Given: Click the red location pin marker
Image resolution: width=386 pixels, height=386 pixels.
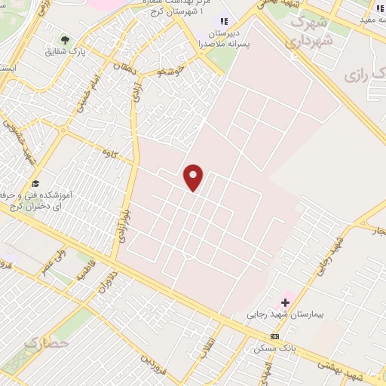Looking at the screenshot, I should click(195, 177).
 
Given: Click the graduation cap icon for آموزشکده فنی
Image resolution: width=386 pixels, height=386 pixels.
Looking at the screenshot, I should click(35, 183).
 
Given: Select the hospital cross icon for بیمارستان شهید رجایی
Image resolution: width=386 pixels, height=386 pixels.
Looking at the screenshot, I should click(286, 302).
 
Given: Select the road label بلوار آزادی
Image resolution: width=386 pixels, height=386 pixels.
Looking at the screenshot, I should click(125, 223).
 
